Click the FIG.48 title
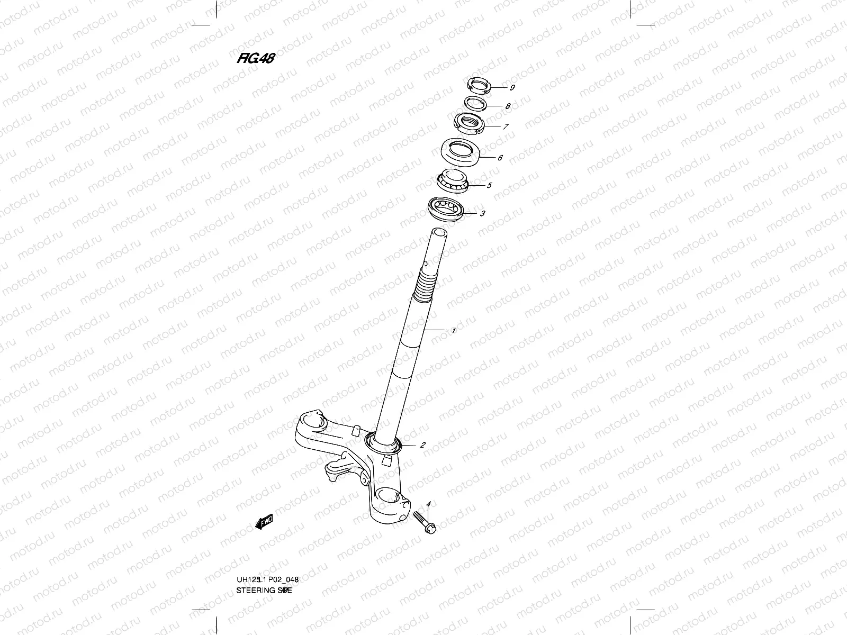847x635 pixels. click(x=255, y=59)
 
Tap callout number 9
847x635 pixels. click(x=512, y=87)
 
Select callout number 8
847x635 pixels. click(x=508, y=106)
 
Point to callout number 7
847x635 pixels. click(x=506, y=126)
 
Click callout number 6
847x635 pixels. click(x=500, y=158)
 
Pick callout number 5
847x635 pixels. click(x=489, y=185)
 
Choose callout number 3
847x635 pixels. click(x=482, y=214)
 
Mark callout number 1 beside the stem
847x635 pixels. click(x=454, y=331)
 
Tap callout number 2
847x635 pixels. click(x=422, y=445)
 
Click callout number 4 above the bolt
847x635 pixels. click(x=428, y=504)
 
